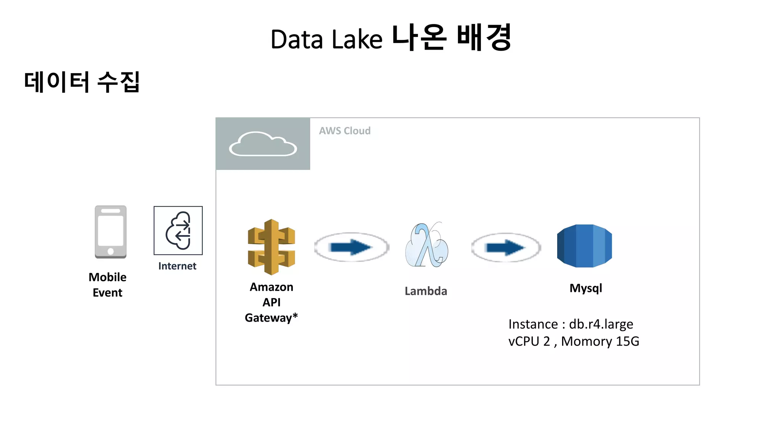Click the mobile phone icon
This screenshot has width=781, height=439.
pos(111,232)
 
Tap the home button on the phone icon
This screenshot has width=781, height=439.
pos(111,251)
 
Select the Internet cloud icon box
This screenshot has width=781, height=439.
pos(178,231)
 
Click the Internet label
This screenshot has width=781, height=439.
pos(177,266)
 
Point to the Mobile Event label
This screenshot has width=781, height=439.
pos(108,285)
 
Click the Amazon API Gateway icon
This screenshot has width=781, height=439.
pos(271,247)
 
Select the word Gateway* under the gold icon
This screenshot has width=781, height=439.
pos(271,317)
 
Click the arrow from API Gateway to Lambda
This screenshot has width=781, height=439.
pos(351,247)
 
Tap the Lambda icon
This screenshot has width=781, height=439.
pos(426,245)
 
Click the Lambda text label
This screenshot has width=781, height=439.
pos(426,291)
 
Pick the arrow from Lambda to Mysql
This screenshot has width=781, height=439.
pos(506,248)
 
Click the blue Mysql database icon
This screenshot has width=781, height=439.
pos(584,246)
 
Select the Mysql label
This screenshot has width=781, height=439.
pos(586,288)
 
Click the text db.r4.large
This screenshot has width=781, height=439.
pos(601,324)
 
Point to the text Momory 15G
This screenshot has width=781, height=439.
pos(600,341)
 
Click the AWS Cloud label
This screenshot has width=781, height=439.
pos(345,131)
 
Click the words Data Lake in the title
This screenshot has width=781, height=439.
pos(326,40)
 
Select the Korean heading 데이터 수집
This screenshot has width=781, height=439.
pos(82,82)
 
